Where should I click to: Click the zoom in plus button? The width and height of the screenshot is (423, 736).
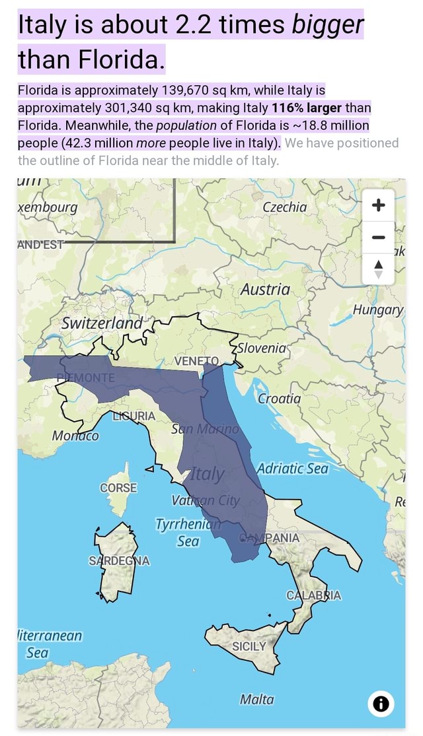point(379,205)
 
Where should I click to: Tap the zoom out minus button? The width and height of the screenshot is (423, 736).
point(379,237)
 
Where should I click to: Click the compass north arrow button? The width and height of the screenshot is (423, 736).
point(379,269)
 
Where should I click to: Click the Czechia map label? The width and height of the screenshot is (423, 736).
point(285,207)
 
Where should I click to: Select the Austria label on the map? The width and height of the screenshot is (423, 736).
point(265,290)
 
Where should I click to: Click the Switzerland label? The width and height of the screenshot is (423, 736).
point(102,323)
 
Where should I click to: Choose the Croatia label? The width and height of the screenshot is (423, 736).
point(280,399)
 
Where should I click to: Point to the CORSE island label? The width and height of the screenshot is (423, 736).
point(118,488)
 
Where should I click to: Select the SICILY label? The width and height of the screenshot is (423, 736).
point(250,646)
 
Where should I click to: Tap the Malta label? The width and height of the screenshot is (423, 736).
point(257,699)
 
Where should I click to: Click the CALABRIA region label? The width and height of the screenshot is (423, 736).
point(313,595)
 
